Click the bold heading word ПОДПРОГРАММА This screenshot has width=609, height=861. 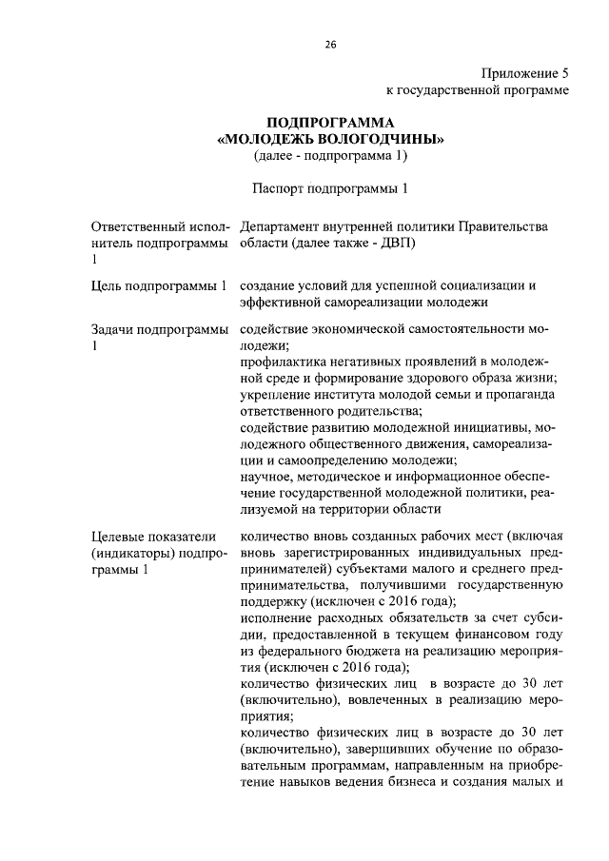(x=329, y=123)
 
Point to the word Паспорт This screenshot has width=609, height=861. (x=281, y=187)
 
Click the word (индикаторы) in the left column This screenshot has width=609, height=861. (x=131, y=554)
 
